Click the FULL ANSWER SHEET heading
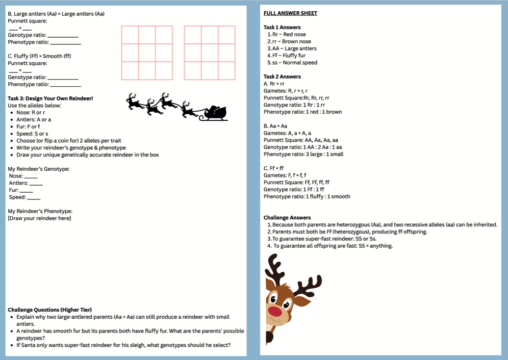[290, 13]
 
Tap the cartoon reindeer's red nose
[275, 311]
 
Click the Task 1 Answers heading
[282, 28]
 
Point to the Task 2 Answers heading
[282, 76]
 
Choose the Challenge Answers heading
[287, 218]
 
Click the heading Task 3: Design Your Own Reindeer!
[50, 98]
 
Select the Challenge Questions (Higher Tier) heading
[49, 310]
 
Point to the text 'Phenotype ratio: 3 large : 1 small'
[303, 154]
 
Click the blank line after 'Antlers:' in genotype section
[36, 183]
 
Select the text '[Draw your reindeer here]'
[39, 218]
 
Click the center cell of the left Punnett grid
[147, 53]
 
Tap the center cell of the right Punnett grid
[210, 53]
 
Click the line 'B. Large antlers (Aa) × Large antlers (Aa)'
[56, 14]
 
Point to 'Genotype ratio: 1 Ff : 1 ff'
[294, 189]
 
